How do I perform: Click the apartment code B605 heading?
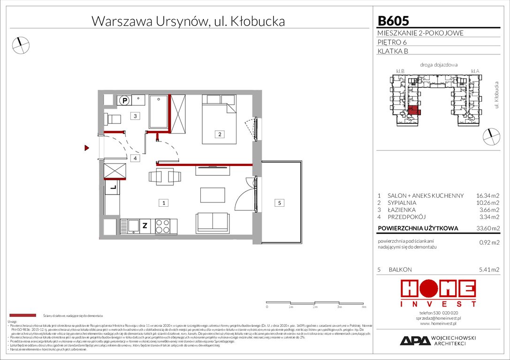(x=393, y=21)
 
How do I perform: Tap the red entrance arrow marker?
(x=87, y=148)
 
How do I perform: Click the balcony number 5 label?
(x=279, y=203)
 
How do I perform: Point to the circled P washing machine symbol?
(x=124, y=100)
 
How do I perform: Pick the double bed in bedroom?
(x=219, y=120)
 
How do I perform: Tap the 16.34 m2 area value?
(x=487, y=195)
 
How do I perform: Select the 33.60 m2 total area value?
(x=487, y=229)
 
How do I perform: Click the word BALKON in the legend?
(x=400, y=270)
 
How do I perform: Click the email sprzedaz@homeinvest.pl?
(x=438, y=318)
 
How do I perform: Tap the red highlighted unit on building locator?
(x=414, y=111)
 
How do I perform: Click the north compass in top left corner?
(x=20, y=45)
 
